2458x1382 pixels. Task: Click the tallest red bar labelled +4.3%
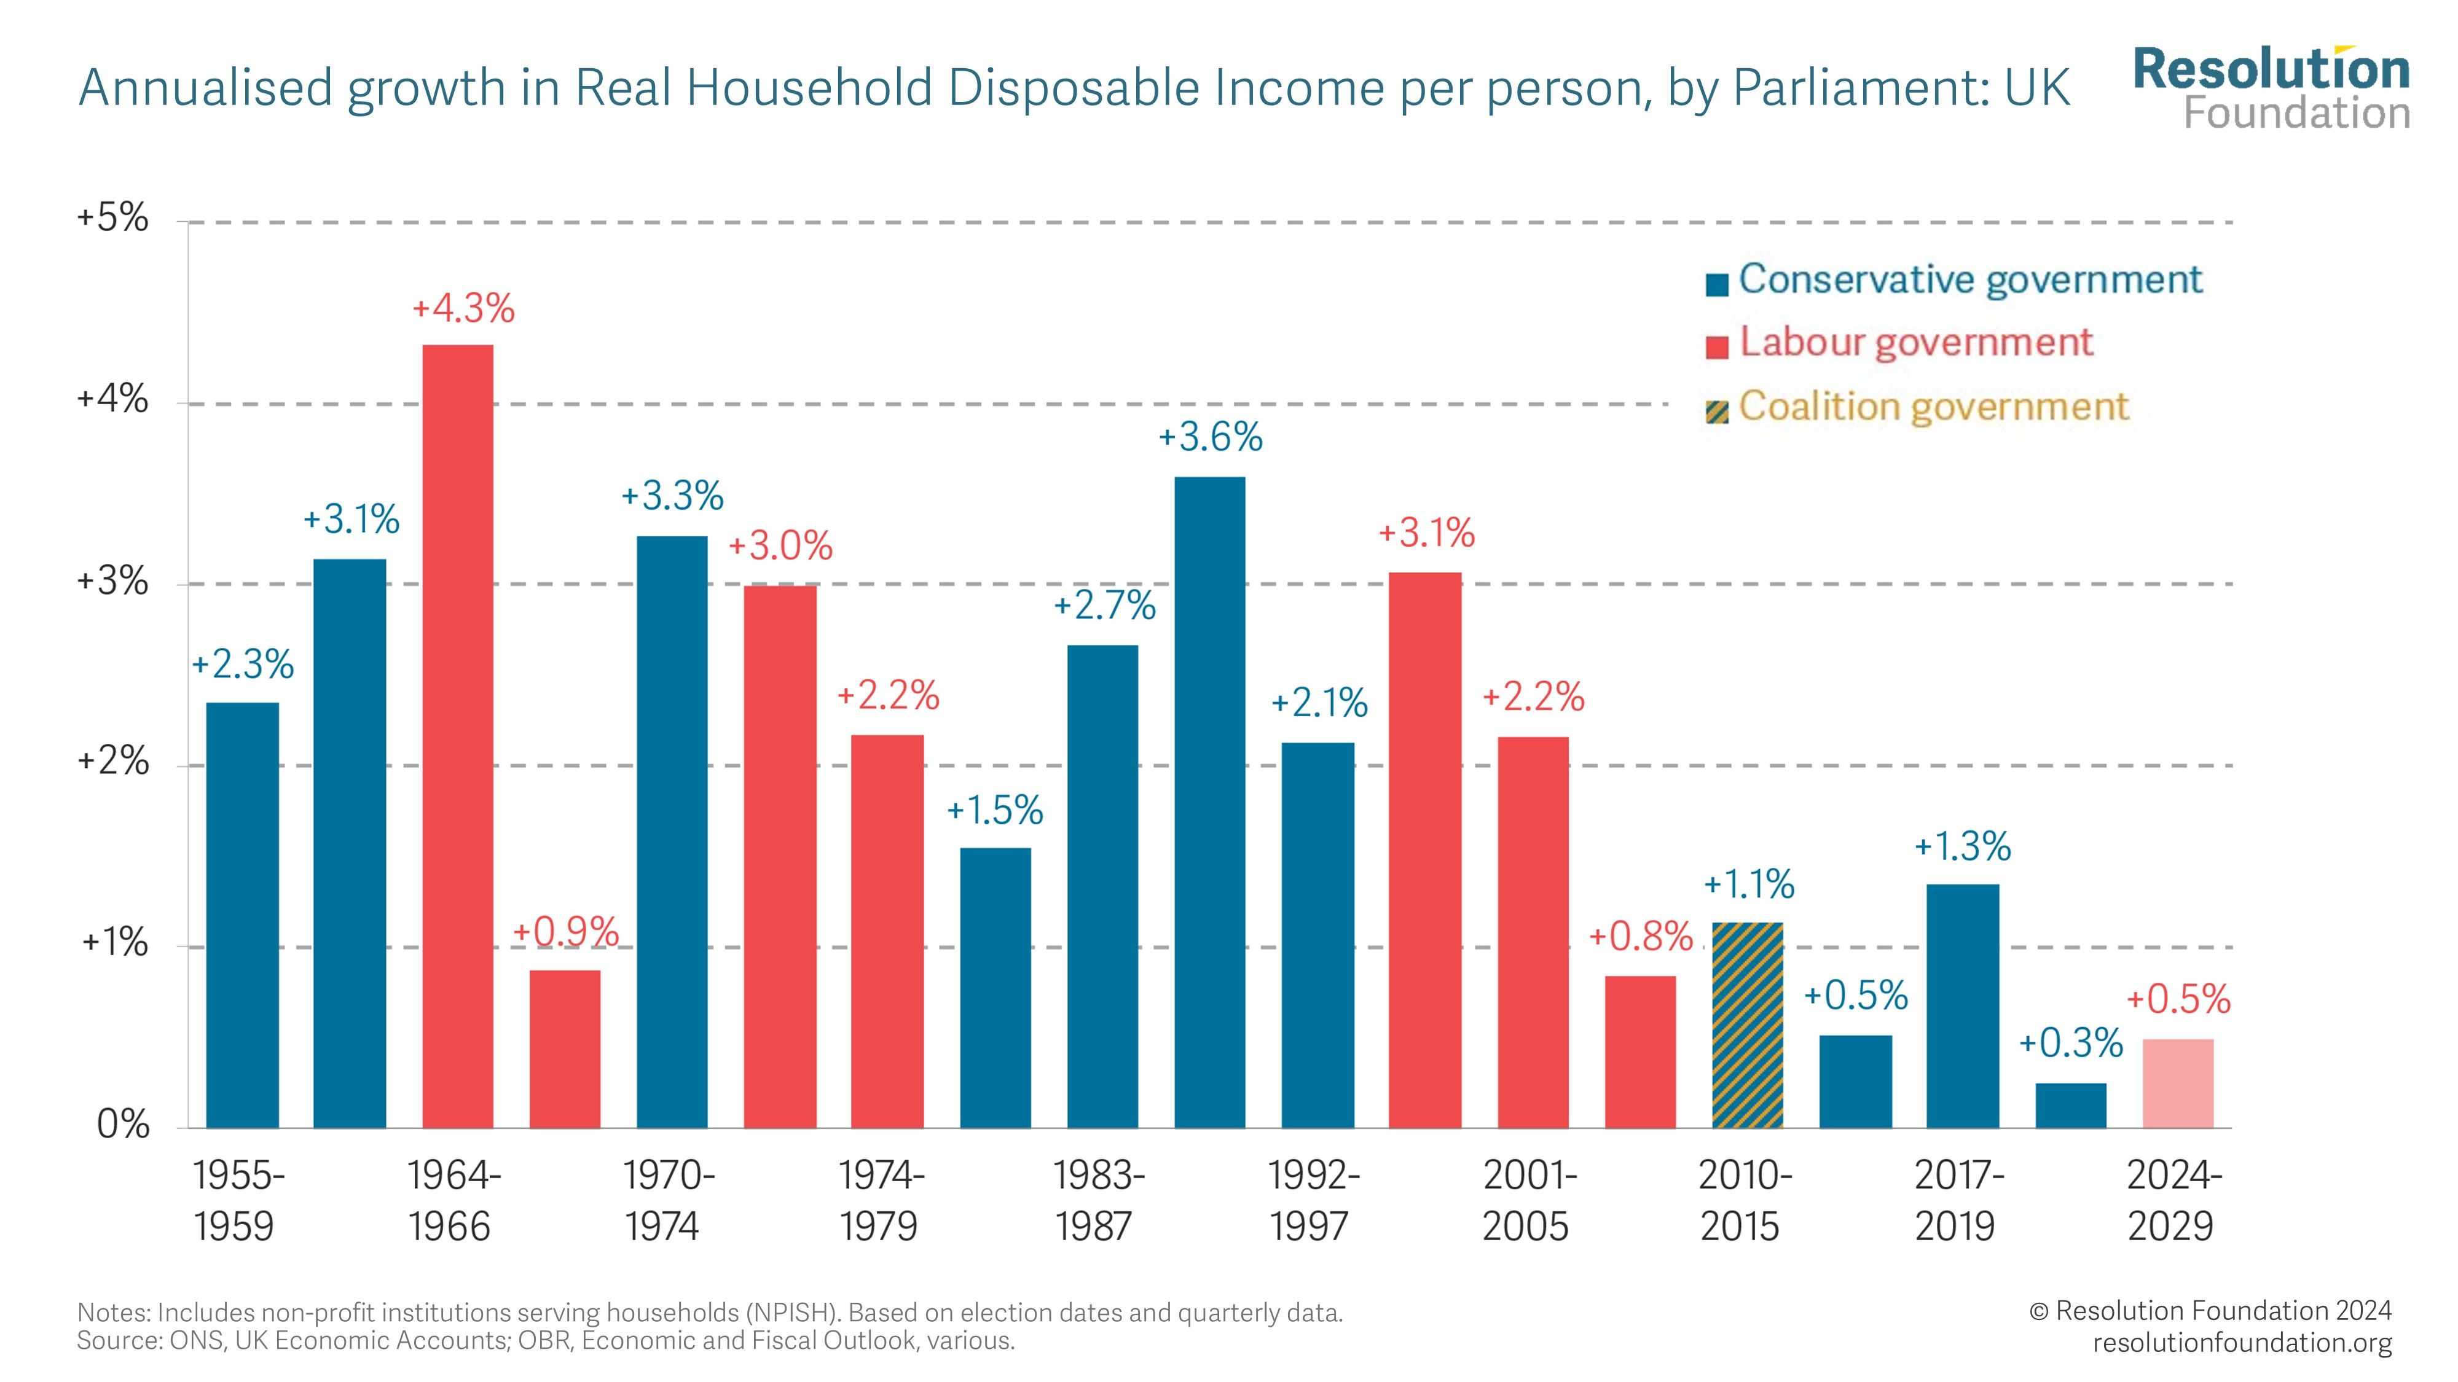click(x=457, y=735)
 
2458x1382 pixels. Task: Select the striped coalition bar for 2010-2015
click(x=1747, y=1025)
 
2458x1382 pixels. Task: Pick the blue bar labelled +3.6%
click(x=1209, y=801)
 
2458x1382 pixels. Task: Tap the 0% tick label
click(x=123, y=1125)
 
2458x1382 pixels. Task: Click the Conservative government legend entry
click(x=1969, y=279)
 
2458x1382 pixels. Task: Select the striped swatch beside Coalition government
click(x=1716, y=412)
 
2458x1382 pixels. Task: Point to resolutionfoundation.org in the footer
click(x=2242, y=1343)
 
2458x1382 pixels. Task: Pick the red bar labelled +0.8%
click(x=1640, y=1051)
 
